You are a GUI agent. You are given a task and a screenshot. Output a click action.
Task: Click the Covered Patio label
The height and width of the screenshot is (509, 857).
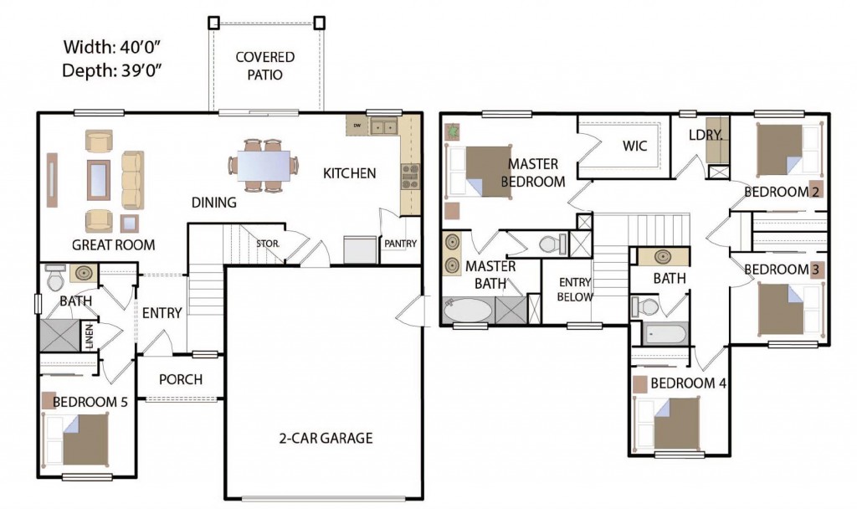click(265, 65)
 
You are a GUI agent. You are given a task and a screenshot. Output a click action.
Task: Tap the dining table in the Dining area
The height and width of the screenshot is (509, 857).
click(264, 165)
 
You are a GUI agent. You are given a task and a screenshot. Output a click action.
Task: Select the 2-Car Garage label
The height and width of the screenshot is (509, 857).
click(326, 438)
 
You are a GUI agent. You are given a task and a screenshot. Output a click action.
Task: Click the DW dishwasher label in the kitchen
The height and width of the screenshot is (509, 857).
click(357, 126)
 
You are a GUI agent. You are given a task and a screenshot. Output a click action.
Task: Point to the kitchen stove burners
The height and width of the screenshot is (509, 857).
click(410, 177)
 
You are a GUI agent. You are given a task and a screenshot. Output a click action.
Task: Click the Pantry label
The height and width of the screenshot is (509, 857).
click(401, 244)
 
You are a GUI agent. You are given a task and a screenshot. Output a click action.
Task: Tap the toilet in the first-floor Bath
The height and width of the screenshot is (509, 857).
click(55, 278)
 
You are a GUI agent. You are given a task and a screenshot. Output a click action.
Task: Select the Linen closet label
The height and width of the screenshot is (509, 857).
click(90, 336)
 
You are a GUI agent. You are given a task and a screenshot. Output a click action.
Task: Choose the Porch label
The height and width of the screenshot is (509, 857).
click(181, 379)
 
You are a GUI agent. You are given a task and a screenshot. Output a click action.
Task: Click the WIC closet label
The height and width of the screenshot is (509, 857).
click(634, 146)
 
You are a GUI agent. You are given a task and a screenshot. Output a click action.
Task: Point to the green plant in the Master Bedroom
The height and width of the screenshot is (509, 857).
click(453, 131)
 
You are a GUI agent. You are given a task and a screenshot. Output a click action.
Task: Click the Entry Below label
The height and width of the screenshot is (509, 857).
click(575, 290)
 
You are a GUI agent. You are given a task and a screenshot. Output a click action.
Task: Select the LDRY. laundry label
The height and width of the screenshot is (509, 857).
click(706, 135)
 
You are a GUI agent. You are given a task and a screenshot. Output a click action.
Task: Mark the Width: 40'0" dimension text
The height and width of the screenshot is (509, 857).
click(111, 47)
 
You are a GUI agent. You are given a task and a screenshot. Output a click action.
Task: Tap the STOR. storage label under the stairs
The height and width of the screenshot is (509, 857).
click(268, 244)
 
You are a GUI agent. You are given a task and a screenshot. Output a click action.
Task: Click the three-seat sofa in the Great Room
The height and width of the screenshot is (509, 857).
click(132, 180)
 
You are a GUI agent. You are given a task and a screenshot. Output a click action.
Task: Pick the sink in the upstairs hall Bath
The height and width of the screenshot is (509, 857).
click(663, 256)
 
